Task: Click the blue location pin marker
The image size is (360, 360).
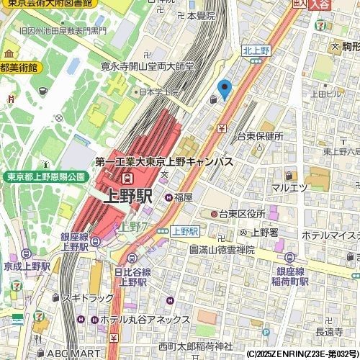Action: pyautogui.click(x=225, y=89)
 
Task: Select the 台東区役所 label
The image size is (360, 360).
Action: pyautogui.click(x=243, y=214)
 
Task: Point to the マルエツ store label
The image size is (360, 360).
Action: pyautogui.click(x=289, y=188)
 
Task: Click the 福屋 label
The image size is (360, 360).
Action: pyautogui.click(x=183, y=197)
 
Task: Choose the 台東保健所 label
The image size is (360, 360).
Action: pyautogui.click(x=260, y=136)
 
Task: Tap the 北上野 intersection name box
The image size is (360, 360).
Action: pyautogui.click(x=255, y=50)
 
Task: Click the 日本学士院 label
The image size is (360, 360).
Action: pyautogui.click(x=160, y=93)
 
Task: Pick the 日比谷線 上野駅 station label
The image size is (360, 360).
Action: pyautogui.click(x=132, y=277)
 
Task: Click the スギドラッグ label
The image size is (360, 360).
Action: pyautogui.click(x=87, y=297)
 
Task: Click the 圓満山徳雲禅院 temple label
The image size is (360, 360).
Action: pyautogui.click(x=222, y=249)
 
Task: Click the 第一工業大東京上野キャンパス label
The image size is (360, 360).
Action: pyautogui.click(x=163, y=163)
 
